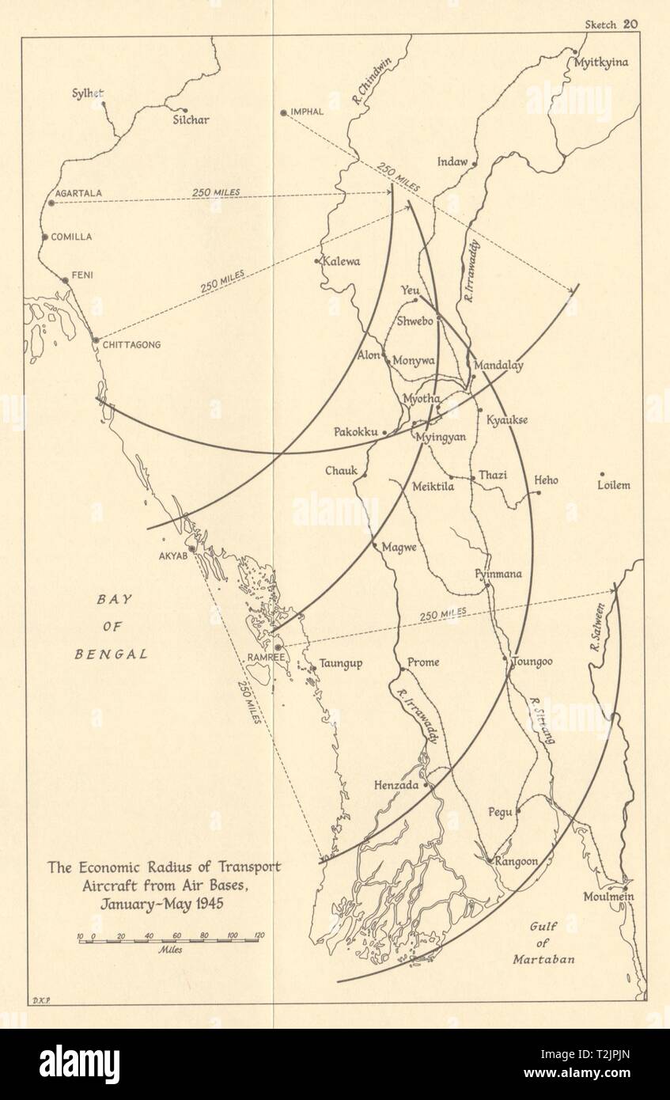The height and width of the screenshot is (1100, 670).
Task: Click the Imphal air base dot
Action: coord(283,112)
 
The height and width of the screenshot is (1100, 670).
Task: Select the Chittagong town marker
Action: coord(96,340)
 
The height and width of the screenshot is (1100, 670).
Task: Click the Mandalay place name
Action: coord(498,366)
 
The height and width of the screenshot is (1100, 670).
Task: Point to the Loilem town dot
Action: coord(603,474)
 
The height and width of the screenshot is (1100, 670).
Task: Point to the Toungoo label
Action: coord(532,662)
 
